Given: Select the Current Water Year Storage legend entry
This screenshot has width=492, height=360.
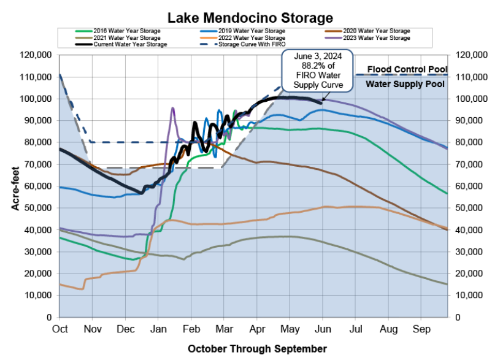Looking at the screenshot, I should [x=129, y=44].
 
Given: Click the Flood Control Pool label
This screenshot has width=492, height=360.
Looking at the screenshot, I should [x=404, y=69].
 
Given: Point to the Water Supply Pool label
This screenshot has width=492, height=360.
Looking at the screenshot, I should [x=405, y=85].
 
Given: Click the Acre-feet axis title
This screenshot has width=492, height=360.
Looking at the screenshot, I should [x=16, y=186].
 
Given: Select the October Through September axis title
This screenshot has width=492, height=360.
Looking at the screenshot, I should [x=257, y=348].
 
